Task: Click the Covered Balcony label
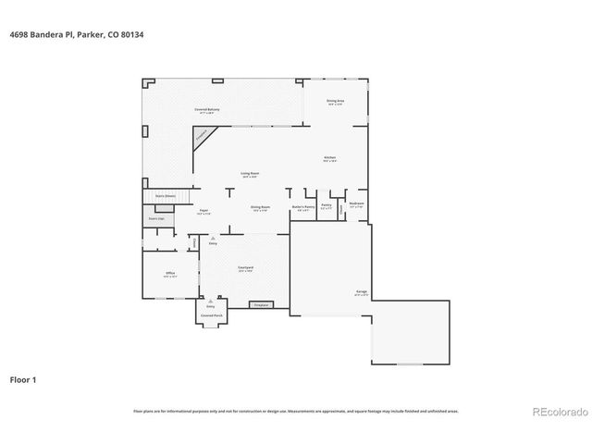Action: tap(206, 110)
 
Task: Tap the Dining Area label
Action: tap(335, 102)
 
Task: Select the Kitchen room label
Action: tap(329, 159)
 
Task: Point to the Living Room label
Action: tap(250, 174)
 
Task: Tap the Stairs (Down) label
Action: tap(165, 196)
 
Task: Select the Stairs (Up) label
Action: tap(156, 218)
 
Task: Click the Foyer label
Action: tap(203, 212)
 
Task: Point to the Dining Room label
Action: tap(260, 208)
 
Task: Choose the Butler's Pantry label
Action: tap(303, 208)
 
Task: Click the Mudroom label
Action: tap(356, 204)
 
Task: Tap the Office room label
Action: tap(170, 275)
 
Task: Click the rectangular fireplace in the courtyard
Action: tap(261, 304)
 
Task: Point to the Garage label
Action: tap(361, 292)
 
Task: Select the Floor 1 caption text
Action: tap(24, 379)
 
